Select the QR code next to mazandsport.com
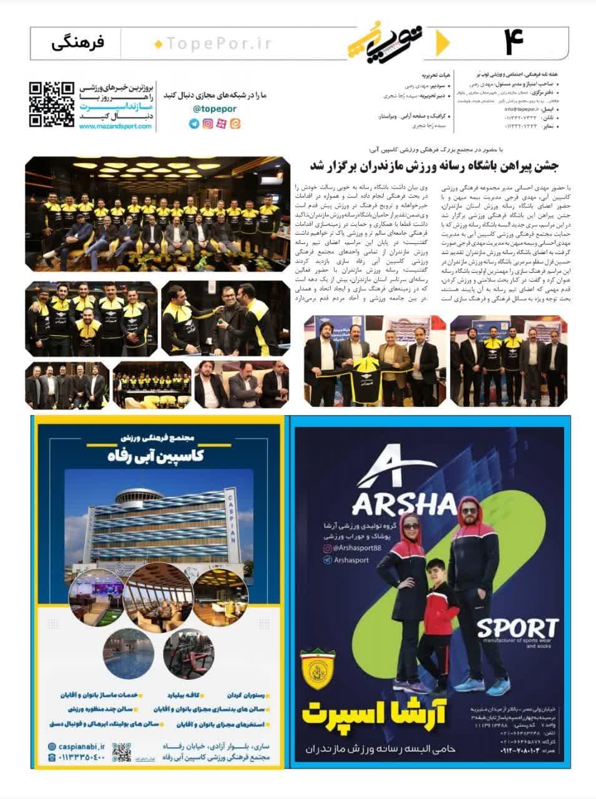(x=51, y=104)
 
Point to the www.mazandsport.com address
(x=115, y=126)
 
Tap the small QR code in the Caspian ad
(x=122, y=754)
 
